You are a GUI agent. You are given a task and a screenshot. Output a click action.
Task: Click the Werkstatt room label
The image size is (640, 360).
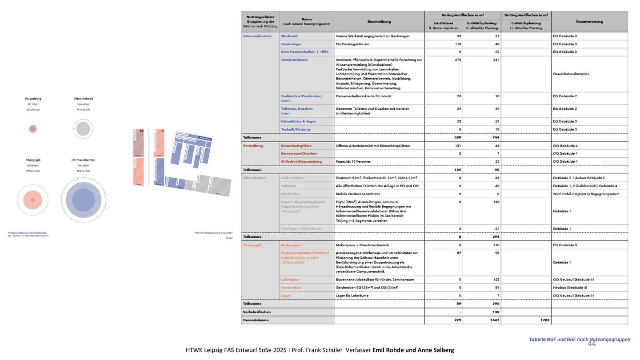tap(289, 36)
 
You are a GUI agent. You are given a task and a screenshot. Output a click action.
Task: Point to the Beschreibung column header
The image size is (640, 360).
tap(379, 21)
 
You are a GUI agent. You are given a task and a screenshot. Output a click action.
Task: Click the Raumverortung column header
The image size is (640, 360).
tap(589, 21)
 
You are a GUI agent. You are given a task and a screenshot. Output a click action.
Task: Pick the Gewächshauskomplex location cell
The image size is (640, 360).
tap(571, 74)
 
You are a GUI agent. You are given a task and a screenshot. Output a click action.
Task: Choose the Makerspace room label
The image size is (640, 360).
tap(292, 245)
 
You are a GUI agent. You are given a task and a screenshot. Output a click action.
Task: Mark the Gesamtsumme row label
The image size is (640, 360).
tap(256, 320)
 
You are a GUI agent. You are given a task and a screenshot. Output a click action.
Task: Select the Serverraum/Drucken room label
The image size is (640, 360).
tap(299, 153)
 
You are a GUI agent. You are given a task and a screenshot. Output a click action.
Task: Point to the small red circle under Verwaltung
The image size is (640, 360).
tap(32, 129)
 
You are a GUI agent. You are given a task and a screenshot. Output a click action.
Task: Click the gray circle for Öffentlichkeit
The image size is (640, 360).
tap(83, 129)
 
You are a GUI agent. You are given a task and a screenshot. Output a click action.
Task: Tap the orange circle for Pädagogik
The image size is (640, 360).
tap(32, 200)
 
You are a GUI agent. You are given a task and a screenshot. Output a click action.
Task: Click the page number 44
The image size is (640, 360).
tap(592, 344)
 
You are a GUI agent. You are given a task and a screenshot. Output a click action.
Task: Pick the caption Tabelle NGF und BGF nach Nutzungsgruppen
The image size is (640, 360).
tap(579, 340)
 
